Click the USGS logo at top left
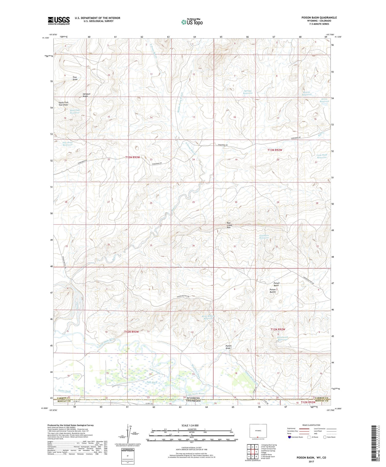59,21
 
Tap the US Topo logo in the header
192,22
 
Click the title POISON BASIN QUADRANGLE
315,18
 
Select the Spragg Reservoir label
248,92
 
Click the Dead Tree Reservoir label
75,112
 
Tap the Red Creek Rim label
229,225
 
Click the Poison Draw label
228,347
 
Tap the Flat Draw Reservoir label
68,143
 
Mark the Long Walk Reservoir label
322,156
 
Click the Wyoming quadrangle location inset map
258,431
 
